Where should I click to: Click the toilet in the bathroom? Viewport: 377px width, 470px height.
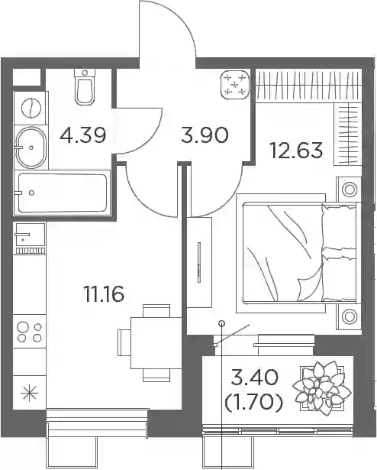coord(85,87)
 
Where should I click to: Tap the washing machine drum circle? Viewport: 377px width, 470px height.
coord(31,109)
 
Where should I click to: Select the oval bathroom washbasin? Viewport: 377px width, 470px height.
coord(31,147)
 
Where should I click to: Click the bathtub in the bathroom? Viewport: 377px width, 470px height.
coord(62,193)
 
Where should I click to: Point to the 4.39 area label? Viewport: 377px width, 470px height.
coord(82,135)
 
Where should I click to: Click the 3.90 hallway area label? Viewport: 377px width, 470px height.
coord(205,135)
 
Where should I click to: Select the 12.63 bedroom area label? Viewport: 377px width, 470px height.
coord(296,150)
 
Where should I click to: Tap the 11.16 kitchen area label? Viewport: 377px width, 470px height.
coord(104,293)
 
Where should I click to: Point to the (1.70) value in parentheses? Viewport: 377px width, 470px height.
coord(253,402)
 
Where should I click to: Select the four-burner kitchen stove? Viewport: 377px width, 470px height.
coord(29,331)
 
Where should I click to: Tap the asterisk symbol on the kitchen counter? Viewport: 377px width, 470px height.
coord(29,394)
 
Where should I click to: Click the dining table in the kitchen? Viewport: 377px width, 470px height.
coord(156,343)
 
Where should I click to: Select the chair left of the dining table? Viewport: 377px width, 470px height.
coord(124,342)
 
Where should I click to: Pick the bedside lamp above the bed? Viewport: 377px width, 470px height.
coord(350,190)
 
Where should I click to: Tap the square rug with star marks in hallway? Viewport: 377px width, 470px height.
coord(235,85)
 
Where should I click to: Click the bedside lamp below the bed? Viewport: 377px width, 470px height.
coord(350,316)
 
